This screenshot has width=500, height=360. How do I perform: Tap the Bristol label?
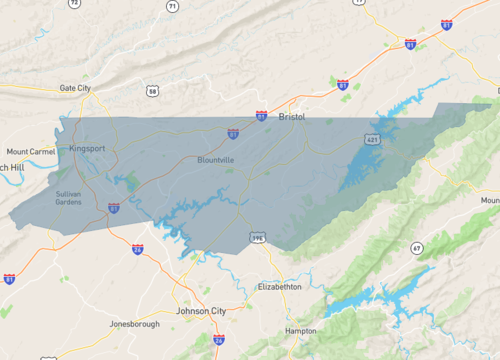coord(291,117)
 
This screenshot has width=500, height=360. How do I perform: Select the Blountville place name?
coord(216,160)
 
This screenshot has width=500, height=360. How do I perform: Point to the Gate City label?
coord(75,88)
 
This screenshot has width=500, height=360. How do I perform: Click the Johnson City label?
coord(200,311)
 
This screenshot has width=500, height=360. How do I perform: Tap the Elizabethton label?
coord(279,286)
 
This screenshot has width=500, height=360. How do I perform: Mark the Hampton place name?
coord(300,330)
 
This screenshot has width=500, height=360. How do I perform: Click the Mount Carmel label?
coord(30,151)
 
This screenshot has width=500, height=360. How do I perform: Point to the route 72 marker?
coord(74,4)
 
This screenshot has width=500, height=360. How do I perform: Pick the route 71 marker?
coord(172,6)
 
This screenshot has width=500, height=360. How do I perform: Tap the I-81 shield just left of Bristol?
coord(261,116)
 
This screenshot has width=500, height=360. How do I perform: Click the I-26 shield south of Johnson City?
coord(218,340)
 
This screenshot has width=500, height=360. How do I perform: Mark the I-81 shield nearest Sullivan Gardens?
coord(114,207)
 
